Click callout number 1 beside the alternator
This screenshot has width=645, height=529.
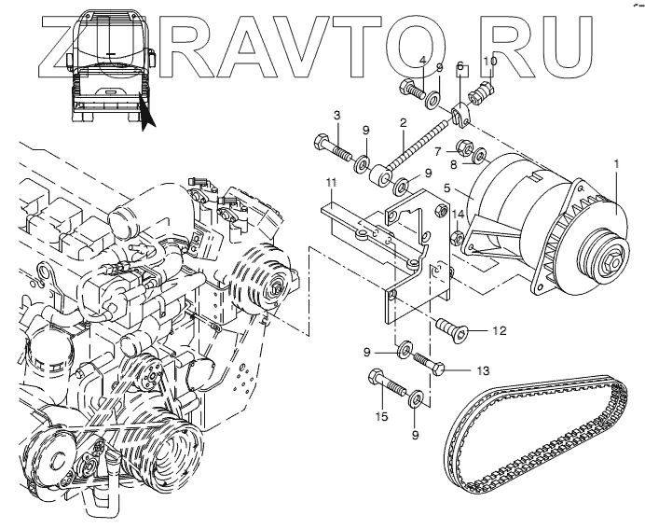pyautogui.click(x=616, y=164)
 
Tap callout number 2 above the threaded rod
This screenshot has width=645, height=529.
pyautogui.click(x=403, y=122)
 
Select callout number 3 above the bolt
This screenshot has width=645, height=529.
pyautogui.click(x=337, y=114)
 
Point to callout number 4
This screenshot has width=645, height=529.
pyautogui.click(x=422, y=63)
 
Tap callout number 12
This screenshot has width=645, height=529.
pyautogui.click(x=500, y=330)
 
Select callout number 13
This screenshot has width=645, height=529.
pyautogui.click(x=482, y=370)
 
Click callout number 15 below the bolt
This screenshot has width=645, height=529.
pyautogui.click(x=380, y=415)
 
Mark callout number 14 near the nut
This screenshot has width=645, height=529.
pyautogui.click(x=458, y=215)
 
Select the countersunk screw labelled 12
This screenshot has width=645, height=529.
pyautogui.click(x=452, y=327)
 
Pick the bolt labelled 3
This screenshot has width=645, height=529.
pyautogui.click(x=331, y=147)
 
